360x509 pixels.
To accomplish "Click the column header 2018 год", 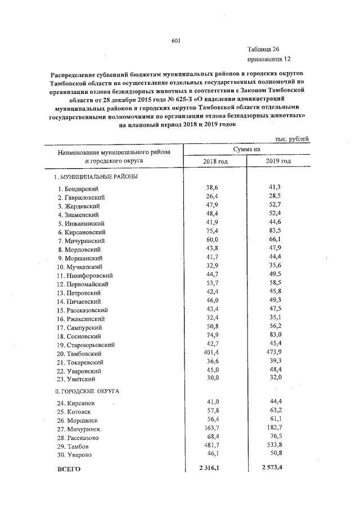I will (215, 161).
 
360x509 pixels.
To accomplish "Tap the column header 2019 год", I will (278, 161).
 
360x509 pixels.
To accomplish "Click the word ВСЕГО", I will (70, 469).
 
